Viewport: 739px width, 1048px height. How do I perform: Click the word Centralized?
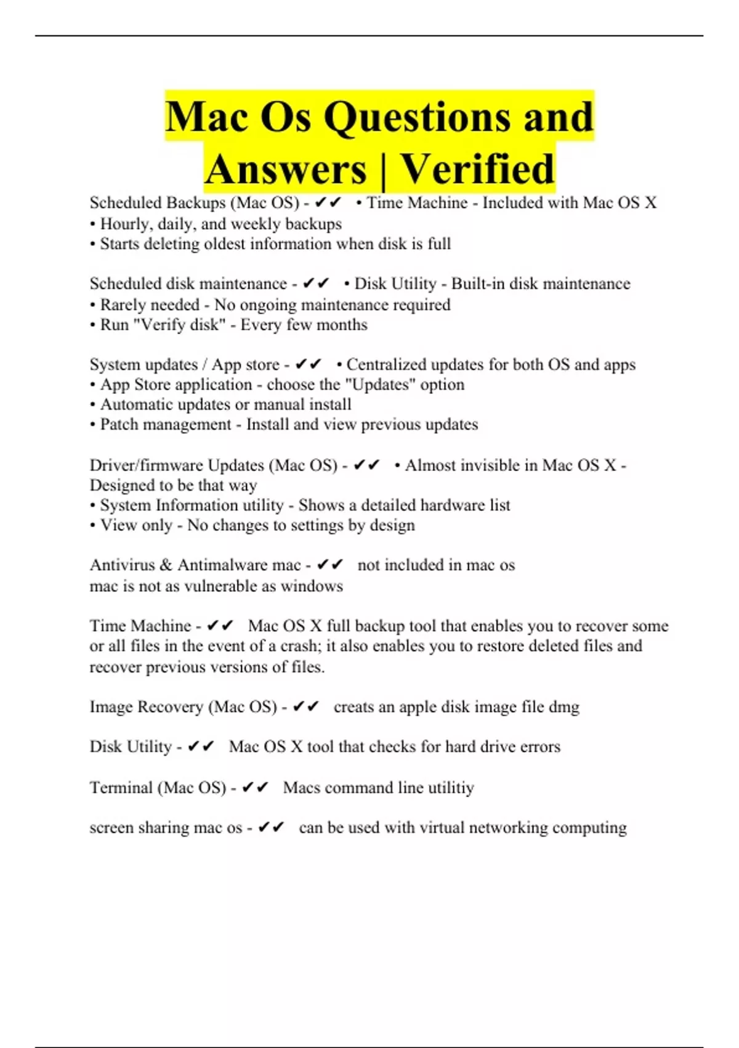[386, 364]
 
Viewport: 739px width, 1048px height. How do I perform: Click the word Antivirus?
[122, 565]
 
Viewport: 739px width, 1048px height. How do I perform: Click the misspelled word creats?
[353, 707]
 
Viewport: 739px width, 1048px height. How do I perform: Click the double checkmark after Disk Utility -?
[201, 747]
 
